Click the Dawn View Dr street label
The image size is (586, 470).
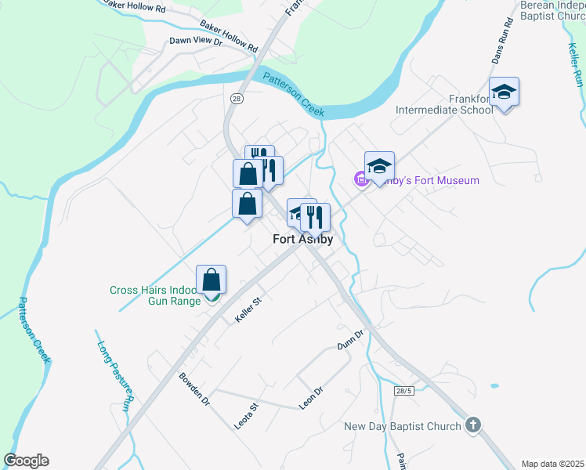click(x=197, y=41)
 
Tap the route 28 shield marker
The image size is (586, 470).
click(x=237, y=99)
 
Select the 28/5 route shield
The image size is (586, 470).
click(x=404, y=391)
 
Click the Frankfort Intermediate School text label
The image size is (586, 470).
click(x=444, y=104)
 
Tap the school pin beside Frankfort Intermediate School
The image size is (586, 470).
click(x=505, y=94)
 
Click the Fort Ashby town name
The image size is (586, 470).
click(x=302, y=240)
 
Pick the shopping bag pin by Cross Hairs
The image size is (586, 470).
click(x=212, y=279)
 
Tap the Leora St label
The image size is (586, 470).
click(x=245, y=416)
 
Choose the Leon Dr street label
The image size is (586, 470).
click(x=311, y=399)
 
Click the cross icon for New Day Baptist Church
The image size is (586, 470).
click(x=472, y=425)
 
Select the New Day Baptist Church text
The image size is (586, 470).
click(x=403, y=427)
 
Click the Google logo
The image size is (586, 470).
click(x=26, y=461)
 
